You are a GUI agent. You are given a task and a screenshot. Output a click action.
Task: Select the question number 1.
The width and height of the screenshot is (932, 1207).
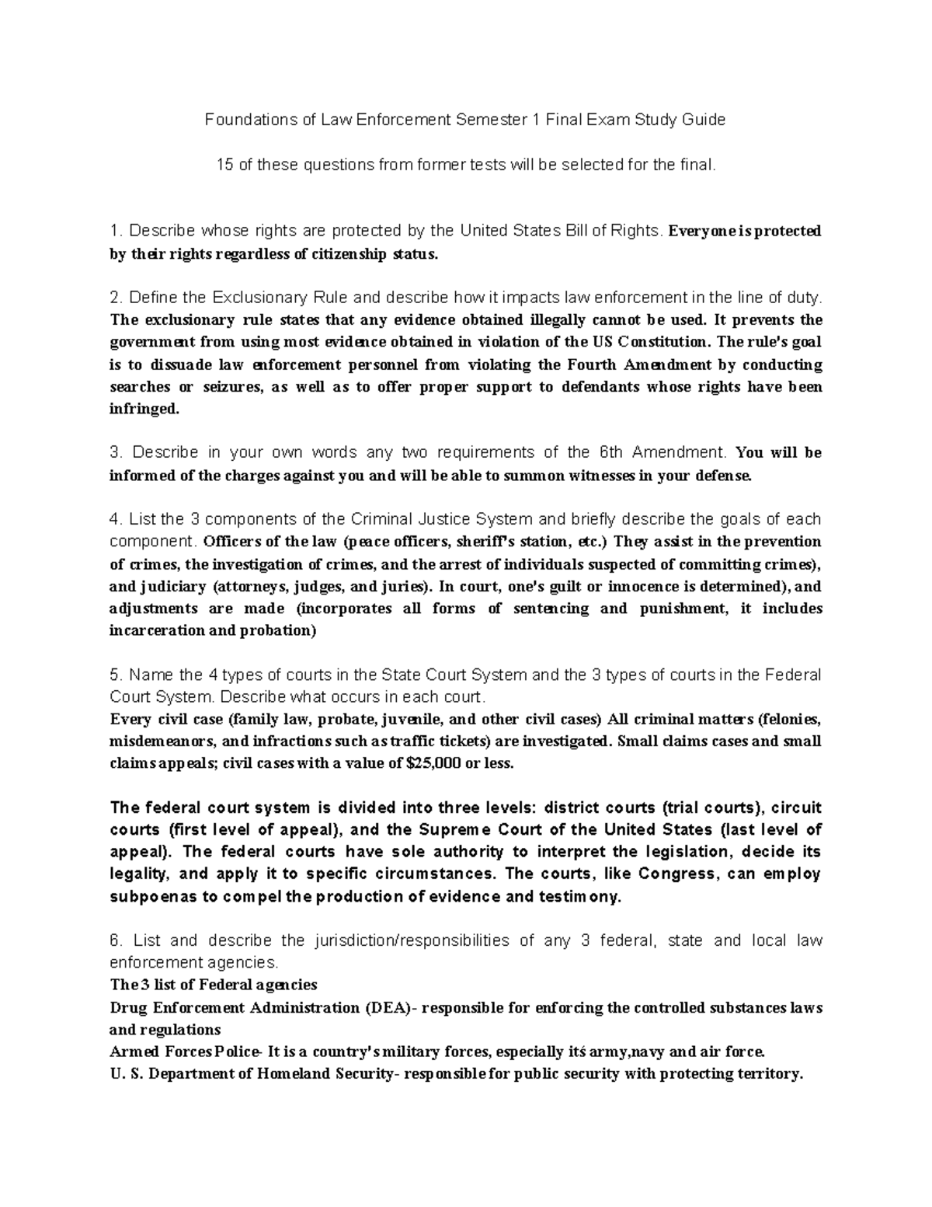pyautogui.click(x=116, y=231)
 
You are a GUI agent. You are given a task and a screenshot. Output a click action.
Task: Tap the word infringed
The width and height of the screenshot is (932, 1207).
pyautogui.click(x=144, y=410)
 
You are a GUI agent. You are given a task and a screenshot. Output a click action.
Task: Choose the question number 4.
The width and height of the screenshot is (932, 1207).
pyautogui.click(x=116, y=519)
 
